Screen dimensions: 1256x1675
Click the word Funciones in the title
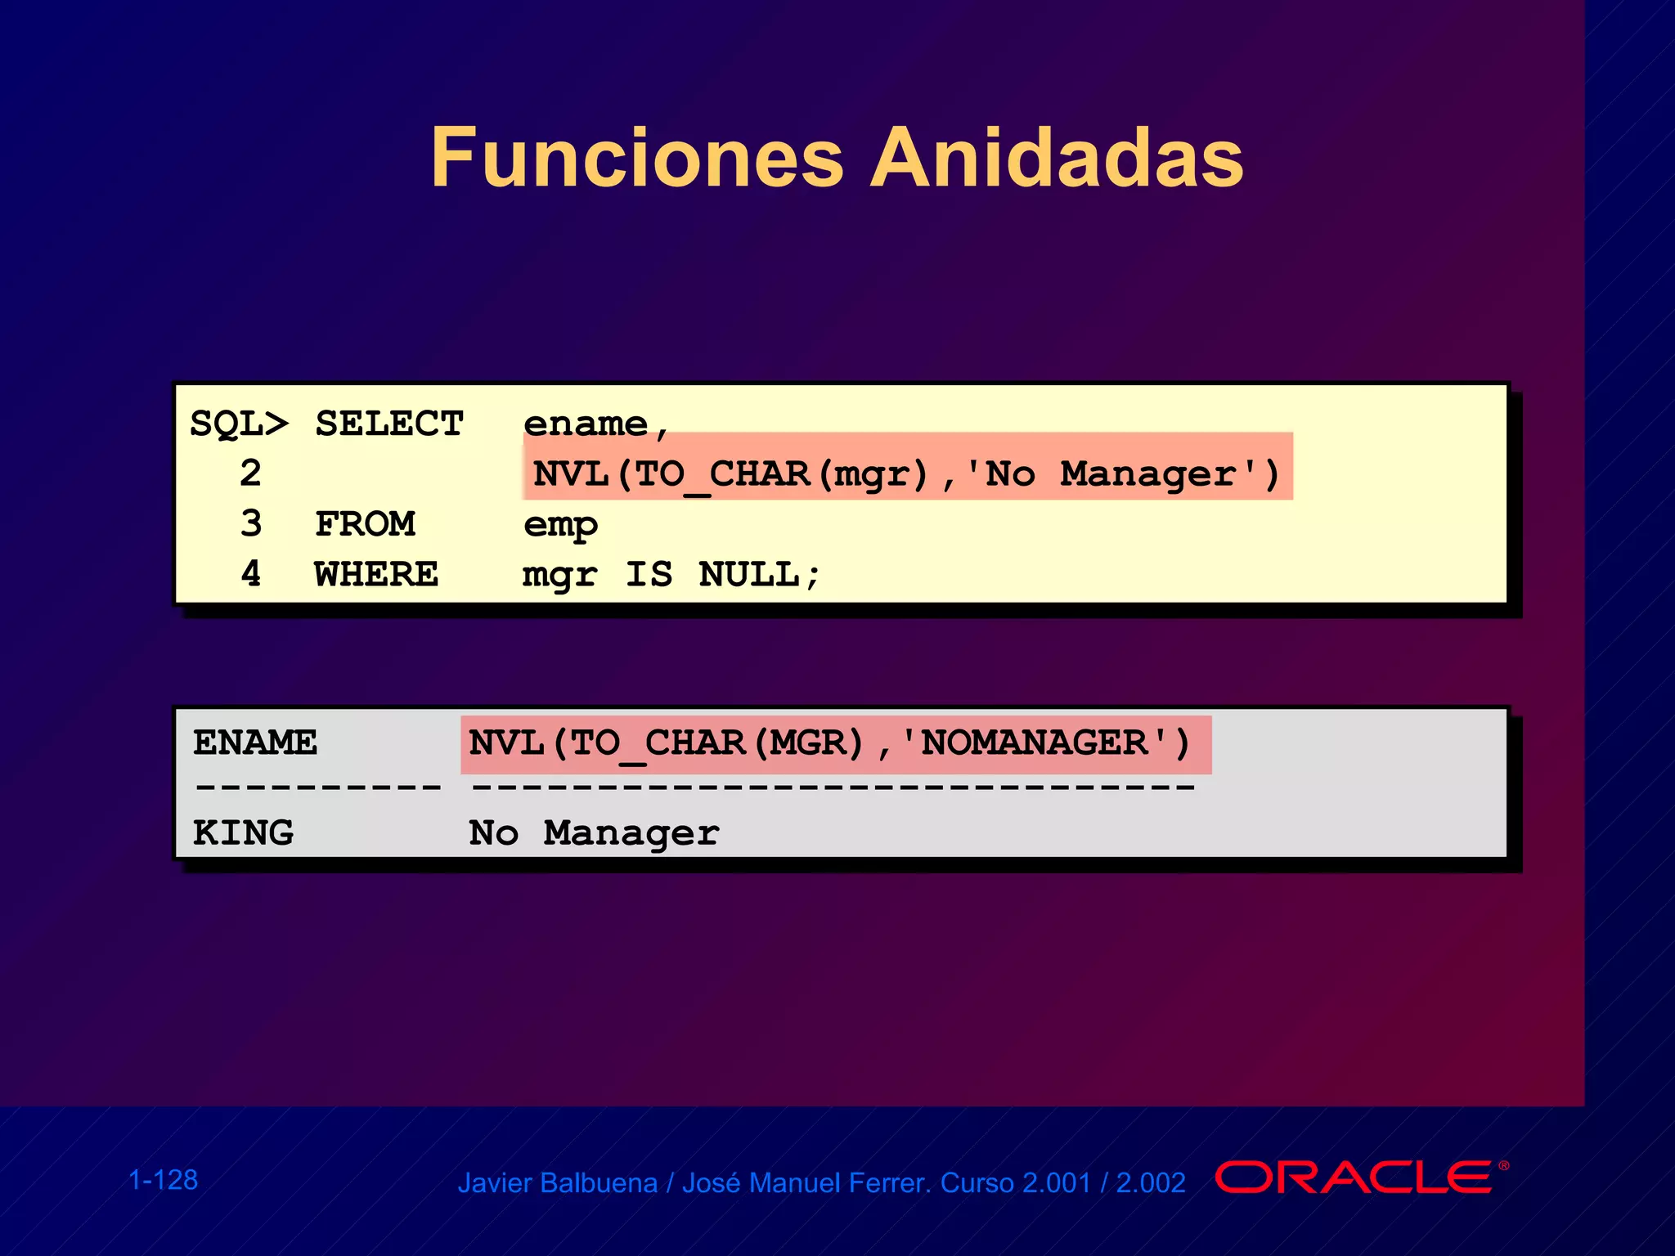pyautogui.click(x=636, y=158)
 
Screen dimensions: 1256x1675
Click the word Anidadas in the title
pyautogui.click(x=1057, y=158)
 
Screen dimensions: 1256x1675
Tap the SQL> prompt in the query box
pyautogui.click(x=239, y=424)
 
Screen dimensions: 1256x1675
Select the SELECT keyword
pyautogui.click(x=389, y=424)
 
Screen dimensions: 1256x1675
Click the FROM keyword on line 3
pyautogui.click(x=365, y=524)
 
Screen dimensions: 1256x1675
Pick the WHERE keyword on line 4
pyautogui.click(x=376, y=574)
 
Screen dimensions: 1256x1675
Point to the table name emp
pyautogui.click(x=560, y=525)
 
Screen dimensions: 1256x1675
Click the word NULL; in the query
pyautogui.click(x=759, y=574)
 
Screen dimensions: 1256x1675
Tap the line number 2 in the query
pyautogui.click(x=250, y=473)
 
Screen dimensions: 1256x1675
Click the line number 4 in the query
pyautogui.click(x=250, y=574)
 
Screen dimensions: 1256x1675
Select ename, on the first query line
pyautogui.click(x=595, y=424)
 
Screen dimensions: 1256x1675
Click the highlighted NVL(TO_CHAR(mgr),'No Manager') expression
pyautogui.click(x=906, y=473)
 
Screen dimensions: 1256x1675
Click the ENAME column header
pyautogui.click(x=254, y=742)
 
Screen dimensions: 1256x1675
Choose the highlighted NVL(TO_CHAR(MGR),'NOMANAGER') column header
pyautogui.click(x=830, y=743)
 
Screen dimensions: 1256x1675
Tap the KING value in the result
pyautogui.click(x=243, y=833)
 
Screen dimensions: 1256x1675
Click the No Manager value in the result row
pyautogui.click(x=594, y=833)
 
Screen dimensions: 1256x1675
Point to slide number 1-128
pyautogui.click(x=164, y=1180)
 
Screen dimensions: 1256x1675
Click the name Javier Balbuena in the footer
pyautogui.click(x=557, y=1183)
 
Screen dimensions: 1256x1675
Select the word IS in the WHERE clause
pyautogui.click(x=649, y=574)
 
